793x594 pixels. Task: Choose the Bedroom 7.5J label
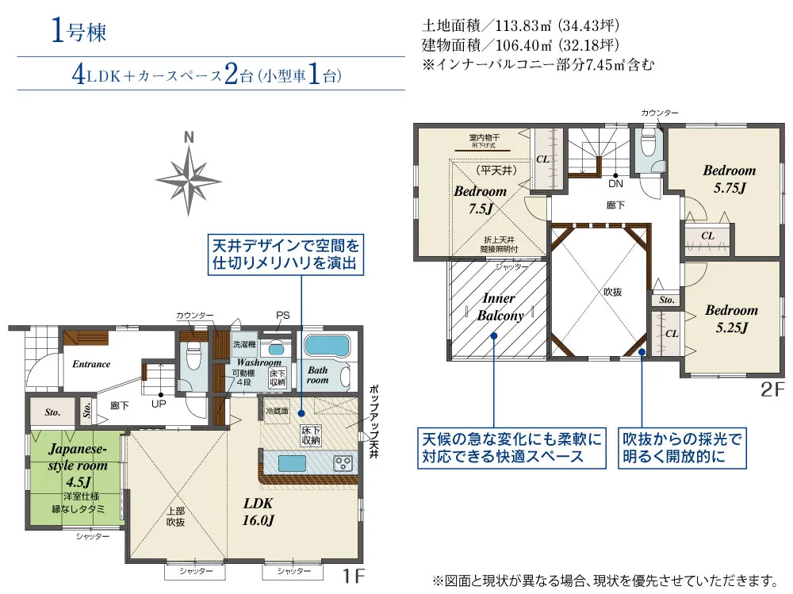point(480,199)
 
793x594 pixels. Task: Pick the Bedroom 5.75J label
point(730,178)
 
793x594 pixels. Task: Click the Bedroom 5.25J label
point(731,318)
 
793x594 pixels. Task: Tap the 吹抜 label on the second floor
point(612,292)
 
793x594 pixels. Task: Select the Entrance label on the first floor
point(91,364)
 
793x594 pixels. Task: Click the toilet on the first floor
point(190,360)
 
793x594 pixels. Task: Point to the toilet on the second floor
point(647,144)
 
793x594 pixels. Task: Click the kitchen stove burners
point(343,462)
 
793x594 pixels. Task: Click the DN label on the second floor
point(615,184)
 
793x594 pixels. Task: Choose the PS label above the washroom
point(282,315)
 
